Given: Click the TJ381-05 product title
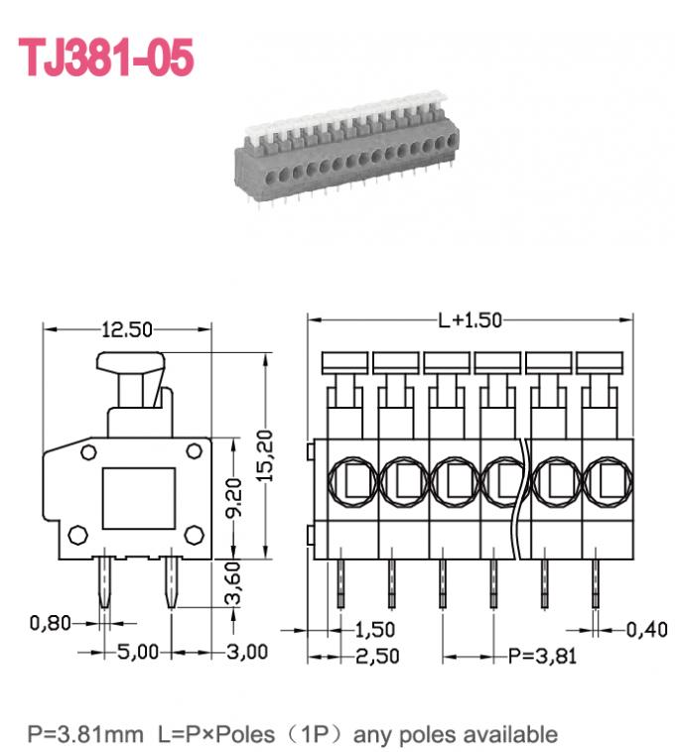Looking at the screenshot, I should pos(106,58).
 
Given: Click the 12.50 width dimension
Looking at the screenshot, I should pos(126,329).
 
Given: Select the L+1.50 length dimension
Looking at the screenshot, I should pos(470,319).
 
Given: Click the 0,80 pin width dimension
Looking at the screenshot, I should pos(51,623).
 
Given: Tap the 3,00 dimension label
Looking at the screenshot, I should pos(247,652).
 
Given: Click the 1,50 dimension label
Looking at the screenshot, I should pos(374,629).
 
